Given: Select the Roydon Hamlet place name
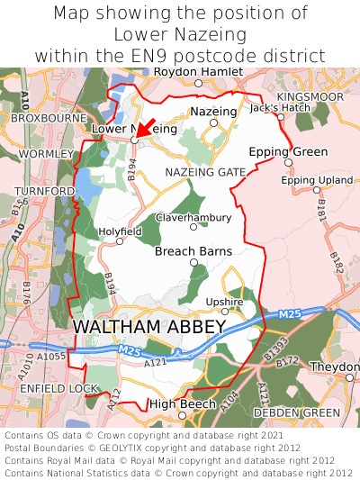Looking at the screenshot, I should tap(198, 72).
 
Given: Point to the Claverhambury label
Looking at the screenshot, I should tap(193, 218).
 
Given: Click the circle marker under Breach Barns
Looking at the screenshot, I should tap(193, 262).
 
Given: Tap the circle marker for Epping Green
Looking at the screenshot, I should tap(288, 163).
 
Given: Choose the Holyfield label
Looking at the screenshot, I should tap(120, 231).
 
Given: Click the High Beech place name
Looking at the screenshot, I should tap(182, 404).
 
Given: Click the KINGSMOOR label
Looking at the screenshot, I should tap(310, 95).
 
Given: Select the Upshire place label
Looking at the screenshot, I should tap(224, 302).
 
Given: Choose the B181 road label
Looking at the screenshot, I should tap(321, 213).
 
